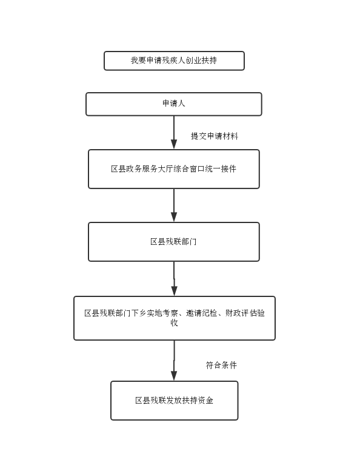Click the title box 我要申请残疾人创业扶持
point(174,61)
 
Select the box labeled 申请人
point(174,104)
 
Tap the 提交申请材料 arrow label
point(215,136)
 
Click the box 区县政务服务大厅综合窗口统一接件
point(174,169)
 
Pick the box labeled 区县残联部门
point(174,242)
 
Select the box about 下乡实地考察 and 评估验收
point(175,318)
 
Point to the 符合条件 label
point(221,365)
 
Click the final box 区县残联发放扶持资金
point(175,401)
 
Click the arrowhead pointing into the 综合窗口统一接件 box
point(174,144)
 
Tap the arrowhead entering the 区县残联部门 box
point(174,217)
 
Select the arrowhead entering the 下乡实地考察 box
point(175,291)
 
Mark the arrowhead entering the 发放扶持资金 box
point(174,376)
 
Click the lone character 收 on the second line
point(175,323)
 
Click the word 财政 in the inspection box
point(233,313)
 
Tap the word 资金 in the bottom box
point(205,401)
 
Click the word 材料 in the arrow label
point(230,136)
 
